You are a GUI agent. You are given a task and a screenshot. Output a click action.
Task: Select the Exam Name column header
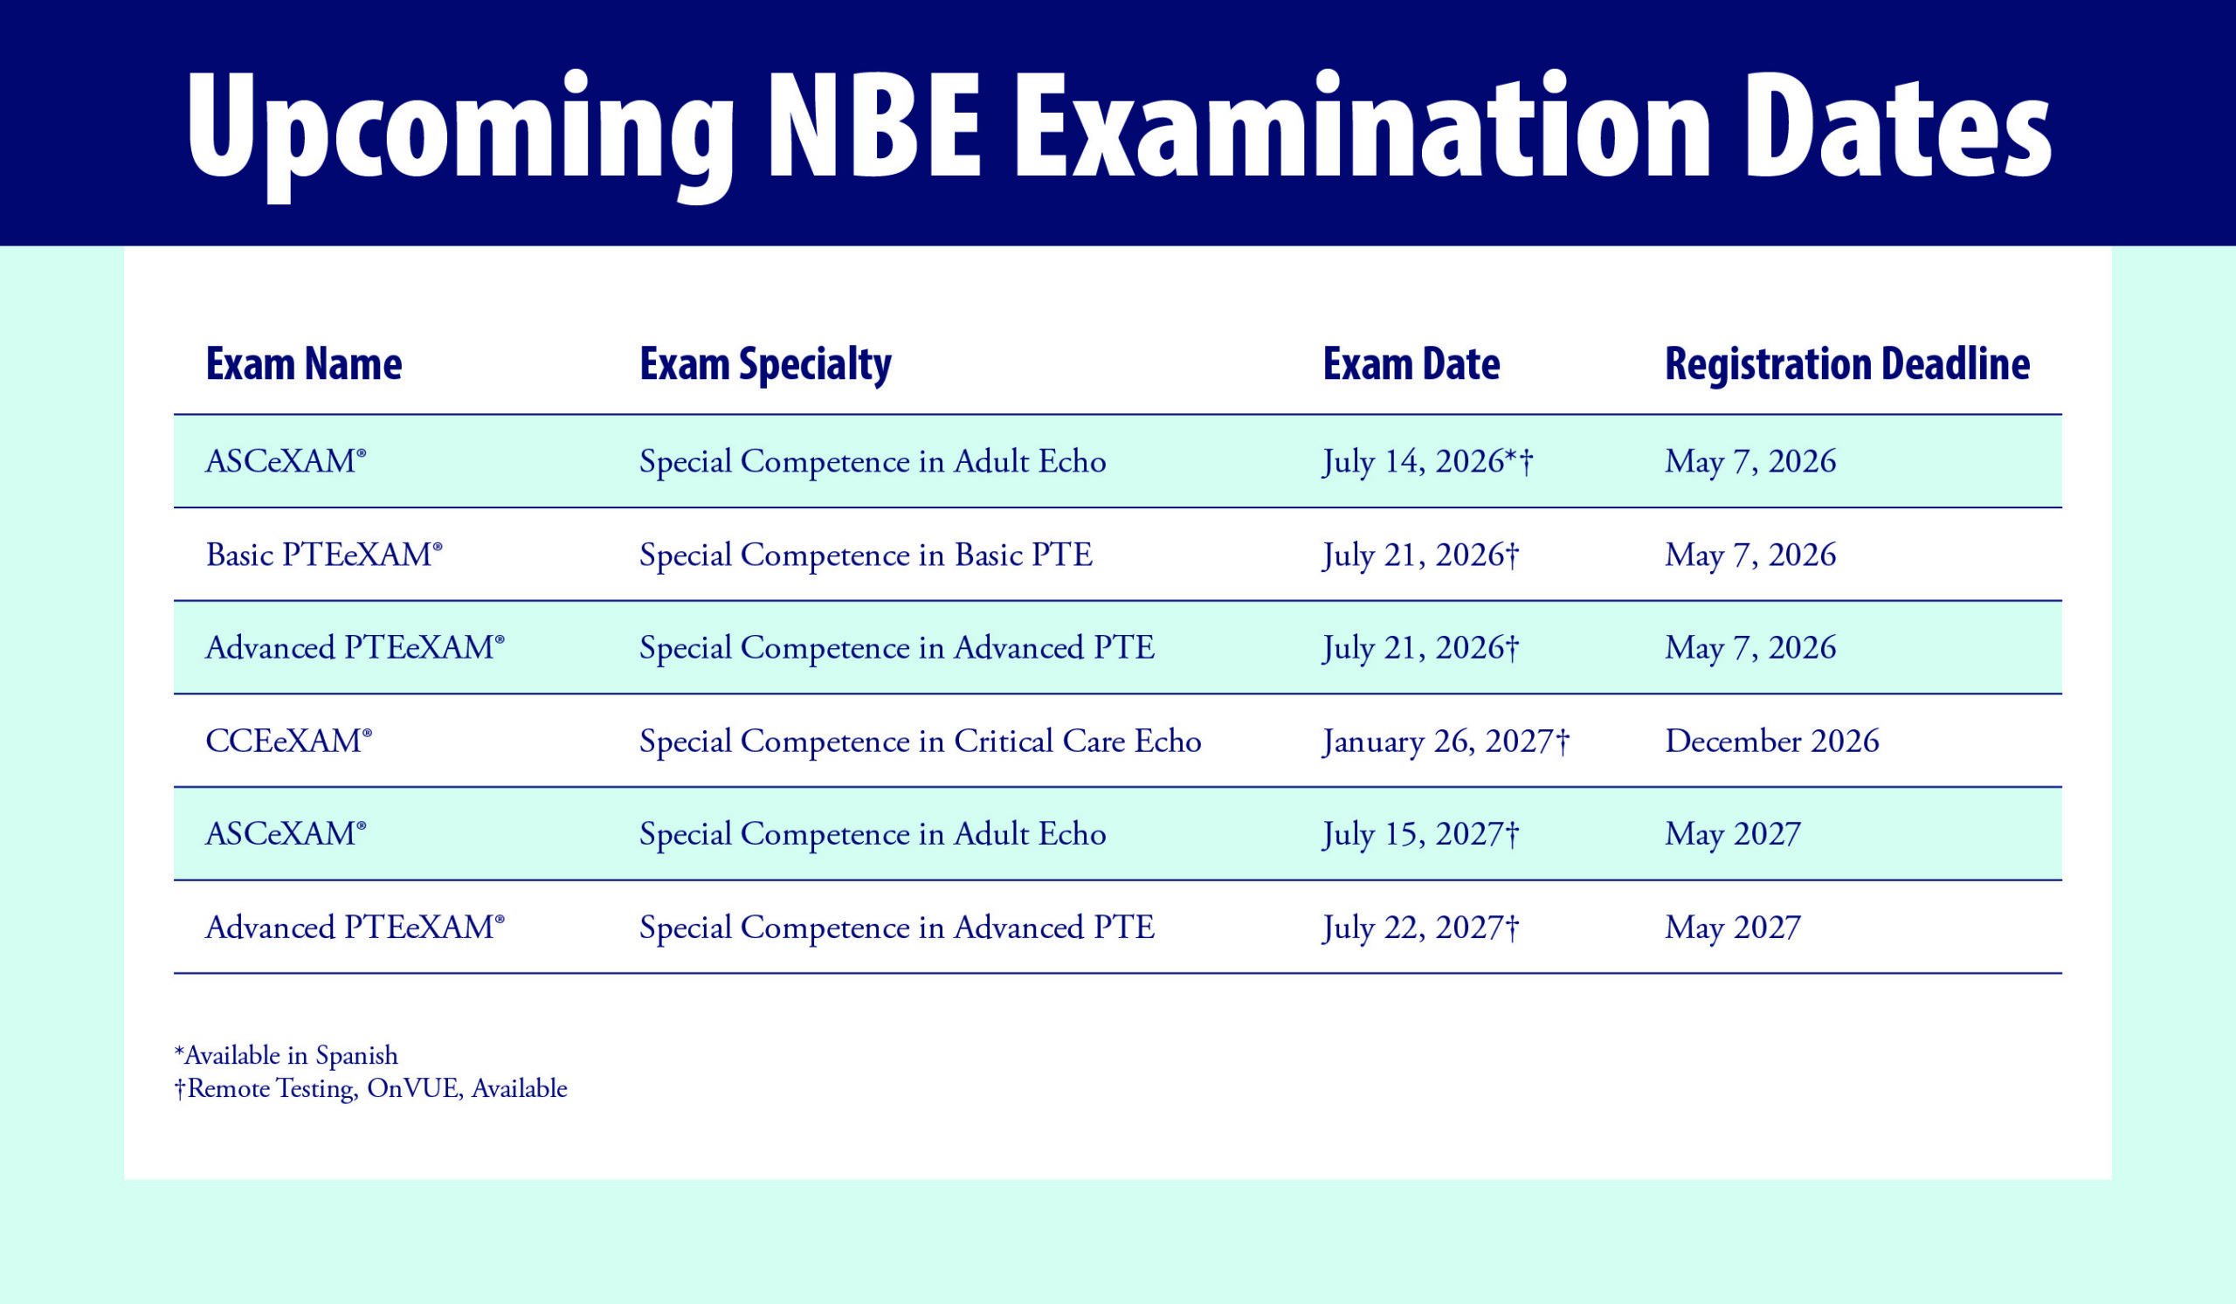(303, 363)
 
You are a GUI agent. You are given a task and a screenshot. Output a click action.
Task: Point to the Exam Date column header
(1411, 363)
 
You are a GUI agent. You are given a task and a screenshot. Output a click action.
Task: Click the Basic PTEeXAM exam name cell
(324, 555)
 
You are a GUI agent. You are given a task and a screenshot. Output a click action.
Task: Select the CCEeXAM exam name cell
(288, 741)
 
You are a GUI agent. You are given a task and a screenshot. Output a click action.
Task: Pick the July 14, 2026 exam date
(1428, 462)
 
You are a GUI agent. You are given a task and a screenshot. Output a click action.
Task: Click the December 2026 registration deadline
(1772, 741)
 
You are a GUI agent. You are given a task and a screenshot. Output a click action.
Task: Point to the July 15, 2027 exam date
(1420, 835)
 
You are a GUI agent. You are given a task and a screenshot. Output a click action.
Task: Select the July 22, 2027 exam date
(1420, 928)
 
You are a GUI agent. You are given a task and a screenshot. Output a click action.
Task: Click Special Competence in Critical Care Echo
(920, 742)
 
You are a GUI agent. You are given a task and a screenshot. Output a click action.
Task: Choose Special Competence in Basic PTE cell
(866, 555)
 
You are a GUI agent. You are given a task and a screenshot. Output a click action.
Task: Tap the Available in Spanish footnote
(286, 1056)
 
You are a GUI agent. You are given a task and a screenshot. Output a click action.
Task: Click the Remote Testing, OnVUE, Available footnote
(371, 1088)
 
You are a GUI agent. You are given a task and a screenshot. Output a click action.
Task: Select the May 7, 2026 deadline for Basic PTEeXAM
(1750, 555)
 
